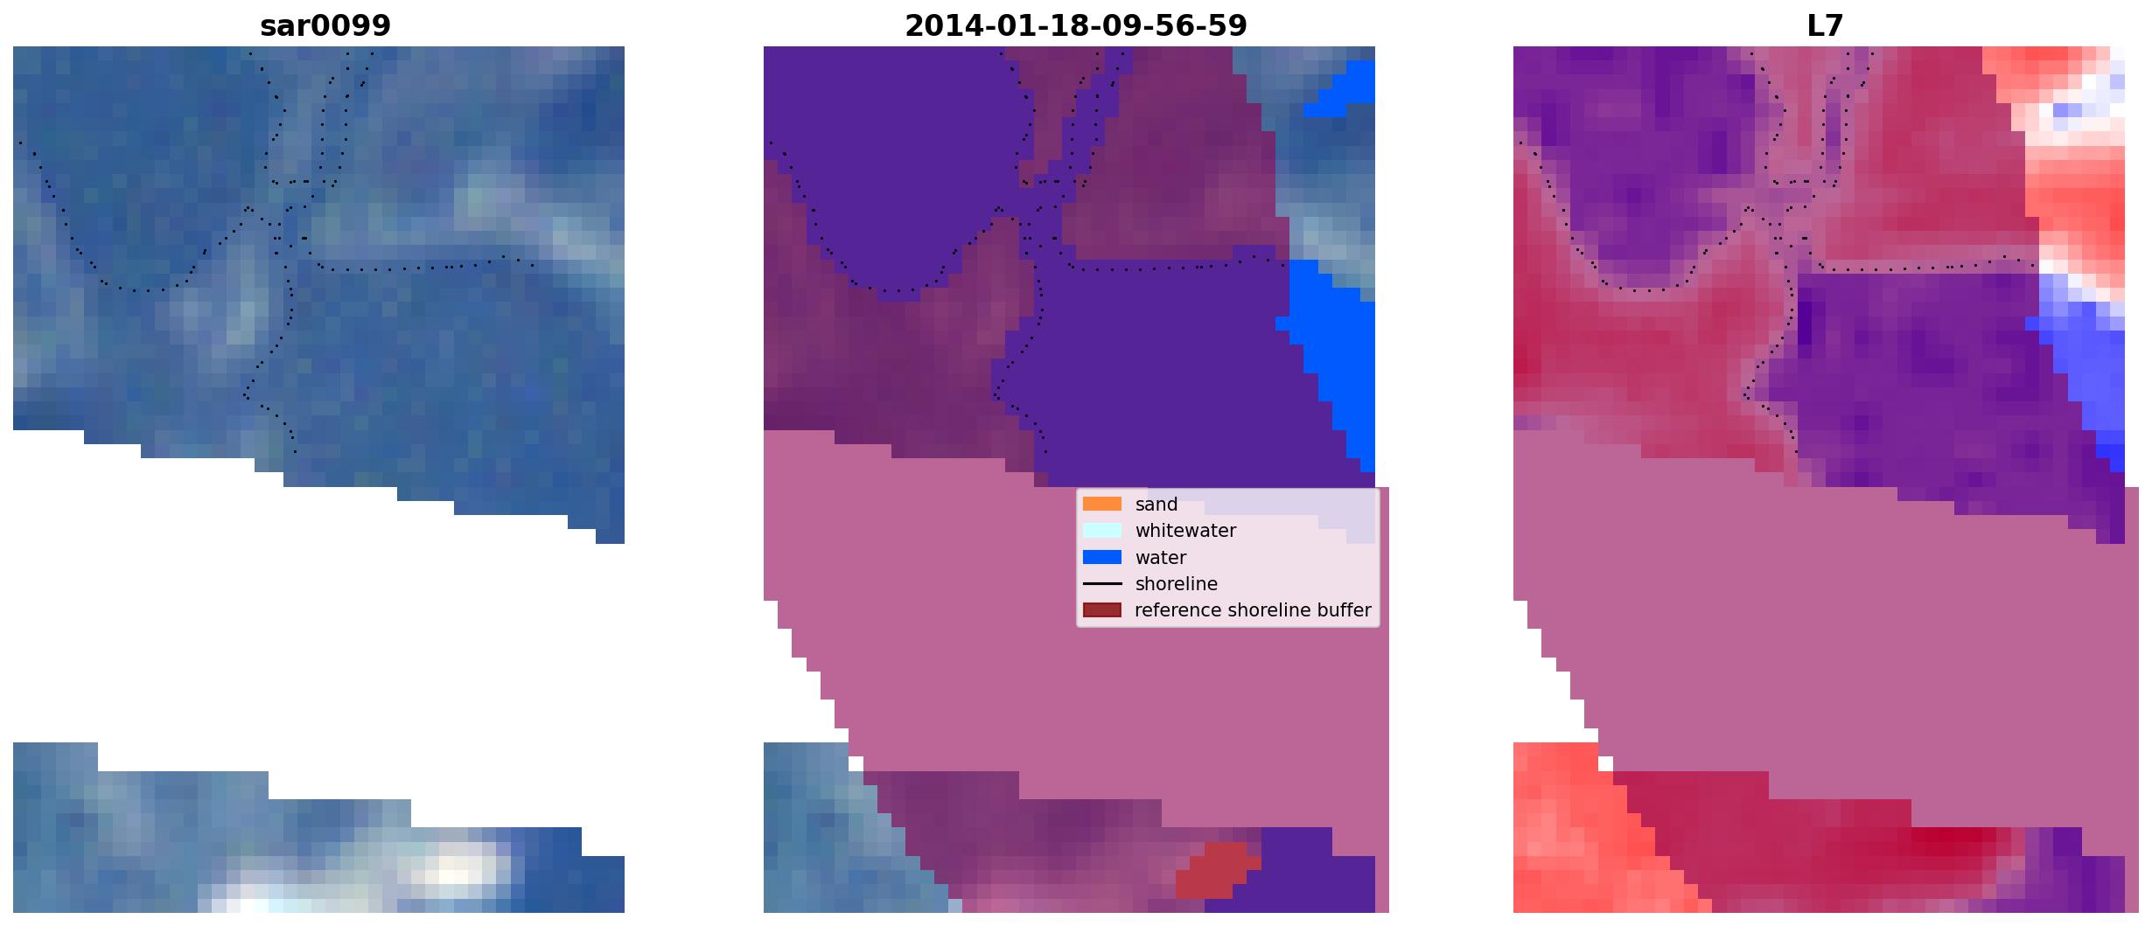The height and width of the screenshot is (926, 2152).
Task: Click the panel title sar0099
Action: [325, 25]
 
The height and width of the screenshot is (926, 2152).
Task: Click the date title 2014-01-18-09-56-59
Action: [1075, 25]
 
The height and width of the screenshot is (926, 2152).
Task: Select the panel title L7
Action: [1825, 25]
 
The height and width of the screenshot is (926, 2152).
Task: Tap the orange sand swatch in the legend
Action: [1101, 504]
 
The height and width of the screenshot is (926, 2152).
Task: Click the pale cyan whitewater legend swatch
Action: [1101, 530]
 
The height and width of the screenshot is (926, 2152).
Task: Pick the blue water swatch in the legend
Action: [1101, 557]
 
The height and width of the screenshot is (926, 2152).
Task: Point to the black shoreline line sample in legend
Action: [1101, 583]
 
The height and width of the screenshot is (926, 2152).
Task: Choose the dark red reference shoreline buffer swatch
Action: [1101, 609]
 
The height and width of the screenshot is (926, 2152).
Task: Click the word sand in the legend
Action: [1156, 505]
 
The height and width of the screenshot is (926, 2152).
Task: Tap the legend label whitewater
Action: [1185, 531]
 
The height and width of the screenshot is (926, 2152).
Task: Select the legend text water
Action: [1161, 558]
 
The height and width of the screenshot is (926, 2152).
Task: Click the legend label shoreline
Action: [1177, 584]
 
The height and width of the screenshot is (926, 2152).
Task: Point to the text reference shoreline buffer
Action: [1253, 610]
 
